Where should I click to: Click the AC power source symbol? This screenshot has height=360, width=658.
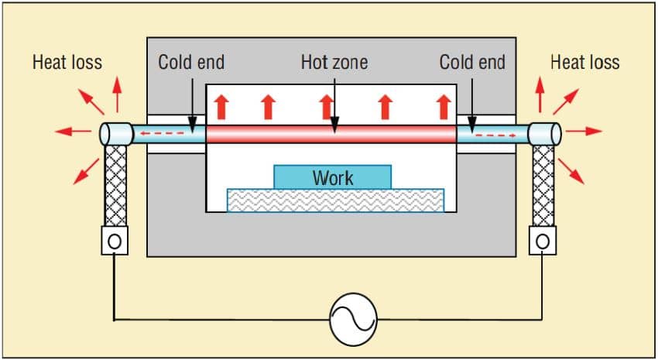pyautogui.click(x=353, y=319)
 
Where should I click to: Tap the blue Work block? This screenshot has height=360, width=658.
pyautogui.click(x=332, y=177)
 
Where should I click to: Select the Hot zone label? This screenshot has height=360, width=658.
pyautogui.click(x=334, y=63)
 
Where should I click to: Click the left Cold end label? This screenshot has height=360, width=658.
pyautogui.click(x=191, y=63)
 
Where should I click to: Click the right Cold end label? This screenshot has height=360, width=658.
pyautogui.click(x=472, y=63)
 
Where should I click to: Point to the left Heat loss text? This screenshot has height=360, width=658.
pyautogui.click(x=67, y=63)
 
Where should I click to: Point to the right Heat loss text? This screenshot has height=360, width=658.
pyautogui.click(x=585, y=63)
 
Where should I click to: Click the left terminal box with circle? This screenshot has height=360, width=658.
pyautogui.click(x=115, y=241)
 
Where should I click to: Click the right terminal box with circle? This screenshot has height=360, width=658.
pyautogui.click(x=543, y=241)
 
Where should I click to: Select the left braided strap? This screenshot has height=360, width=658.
pyautogui.click(x=115, y=186)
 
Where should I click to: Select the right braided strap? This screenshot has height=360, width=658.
pyautogui.click(x=543, y=186)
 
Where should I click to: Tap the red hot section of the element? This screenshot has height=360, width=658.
pyautogui.click(x=331, y=134)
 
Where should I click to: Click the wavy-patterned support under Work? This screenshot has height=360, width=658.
pyautogui.click(x=335, y=201)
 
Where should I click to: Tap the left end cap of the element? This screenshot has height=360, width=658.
pyautogui.click(x=116, y=134)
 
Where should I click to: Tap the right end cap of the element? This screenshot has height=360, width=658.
pyautogui.click(x=544, y=134)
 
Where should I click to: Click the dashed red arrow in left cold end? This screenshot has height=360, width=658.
pyautogui.click(x=162, y=133)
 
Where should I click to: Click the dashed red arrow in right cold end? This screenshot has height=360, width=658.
pyautogui.click(x=495, y=135)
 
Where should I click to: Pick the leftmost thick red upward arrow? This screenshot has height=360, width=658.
pyautogui.click(x=222, y=107)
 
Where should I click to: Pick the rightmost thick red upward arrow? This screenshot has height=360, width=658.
pyautogui.click(x=443, y=107)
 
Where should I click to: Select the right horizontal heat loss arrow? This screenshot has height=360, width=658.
pyautogui.click(x=584, y=132)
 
